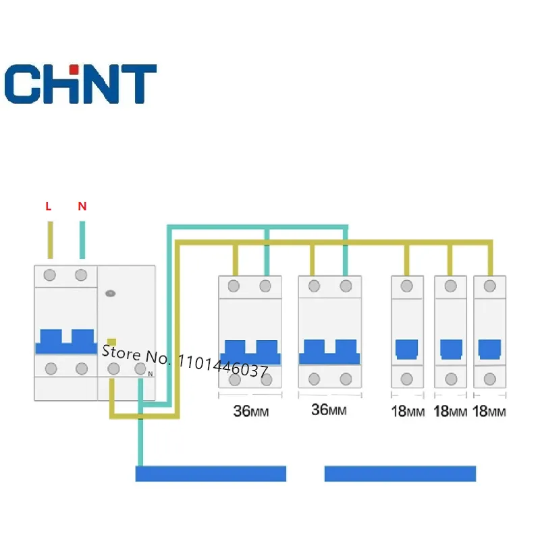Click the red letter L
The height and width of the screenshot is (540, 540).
coord(48,207)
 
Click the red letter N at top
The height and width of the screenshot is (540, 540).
coord(82,207)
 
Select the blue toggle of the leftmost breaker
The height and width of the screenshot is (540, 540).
coord(65,342)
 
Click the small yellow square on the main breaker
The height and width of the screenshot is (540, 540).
coord(113,342)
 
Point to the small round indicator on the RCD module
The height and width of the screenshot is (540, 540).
coord(111,294)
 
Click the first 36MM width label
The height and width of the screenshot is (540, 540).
coord(251,410)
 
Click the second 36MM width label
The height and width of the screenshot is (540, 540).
coord(329,410)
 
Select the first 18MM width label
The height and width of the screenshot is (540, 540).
coord(408,411)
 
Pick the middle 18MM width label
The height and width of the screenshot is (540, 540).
coord(449,411)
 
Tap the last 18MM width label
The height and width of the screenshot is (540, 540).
coord(489,411)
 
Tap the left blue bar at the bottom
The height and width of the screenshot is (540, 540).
coord(211,473)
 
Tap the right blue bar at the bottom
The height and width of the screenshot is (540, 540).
coord(400,473)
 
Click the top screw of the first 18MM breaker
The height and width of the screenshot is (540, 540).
coord(406,286)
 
